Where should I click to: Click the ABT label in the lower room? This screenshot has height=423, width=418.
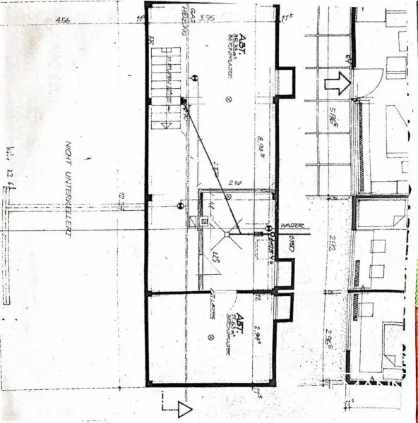(240, 317)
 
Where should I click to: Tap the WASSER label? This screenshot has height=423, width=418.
(292, 226)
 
